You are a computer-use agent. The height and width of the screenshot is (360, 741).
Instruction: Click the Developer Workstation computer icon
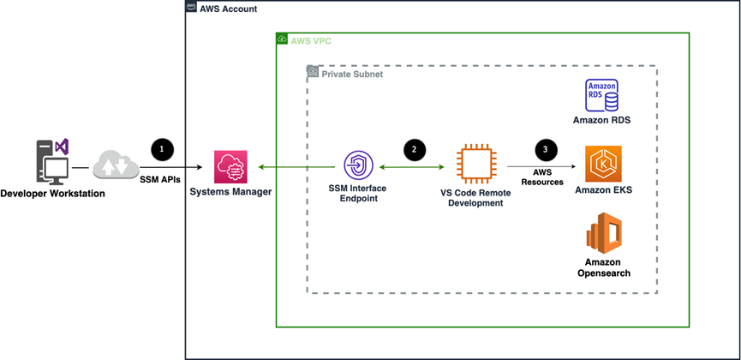52,162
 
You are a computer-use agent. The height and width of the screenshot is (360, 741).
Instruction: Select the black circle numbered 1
163,148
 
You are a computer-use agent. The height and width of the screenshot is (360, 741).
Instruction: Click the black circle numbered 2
415,148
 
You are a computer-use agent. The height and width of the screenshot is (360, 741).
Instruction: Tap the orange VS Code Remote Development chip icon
474,165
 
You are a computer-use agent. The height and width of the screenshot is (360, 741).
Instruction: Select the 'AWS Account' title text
228,9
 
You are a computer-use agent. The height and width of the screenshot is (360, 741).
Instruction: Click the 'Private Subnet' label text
352,74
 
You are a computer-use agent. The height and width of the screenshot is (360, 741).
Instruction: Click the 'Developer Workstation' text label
53,193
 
